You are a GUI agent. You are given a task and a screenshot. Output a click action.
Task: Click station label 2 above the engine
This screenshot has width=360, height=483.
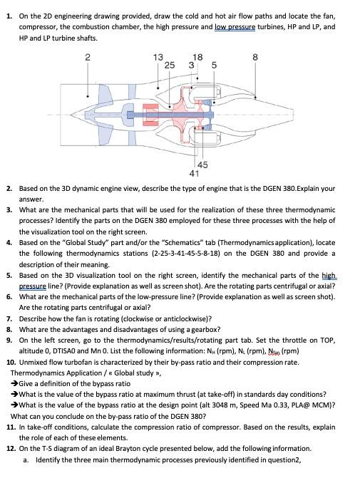point(87,56)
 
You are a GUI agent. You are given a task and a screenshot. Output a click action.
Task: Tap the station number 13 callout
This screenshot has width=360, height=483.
point(158,56)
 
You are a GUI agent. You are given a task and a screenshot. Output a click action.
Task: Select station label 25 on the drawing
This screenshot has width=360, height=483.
point(169,65)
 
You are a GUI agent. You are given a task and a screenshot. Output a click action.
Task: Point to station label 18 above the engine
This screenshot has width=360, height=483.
point(197,56)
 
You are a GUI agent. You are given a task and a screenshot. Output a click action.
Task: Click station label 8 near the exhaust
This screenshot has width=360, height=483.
point(255,56)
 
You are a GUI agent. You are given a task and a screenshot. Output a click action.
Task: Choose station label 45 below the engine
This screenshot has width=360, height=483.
point(202,164)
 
